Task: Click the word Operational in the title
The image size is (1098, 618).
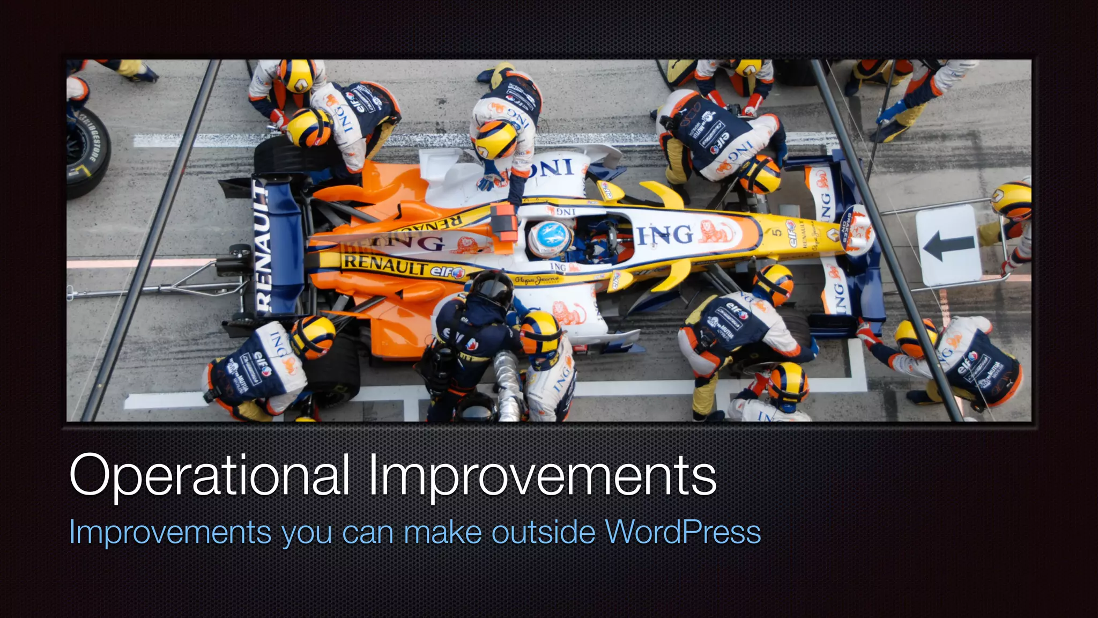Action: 209,476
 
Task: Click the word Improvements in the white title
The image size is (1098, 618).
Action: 542,476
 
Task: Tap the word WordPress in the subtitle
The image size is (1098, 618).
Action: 682,532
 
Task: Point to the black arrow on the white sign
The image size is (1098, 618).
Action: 948,246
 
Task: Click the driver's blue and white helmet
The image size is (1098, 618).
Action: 550,239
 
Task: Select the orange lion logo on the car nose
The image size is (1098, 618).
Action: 716,232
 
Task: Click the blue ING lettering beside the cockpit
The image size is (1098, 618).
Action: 665,235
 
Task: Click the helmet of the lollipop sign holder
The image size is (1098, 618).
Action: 1012,200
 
